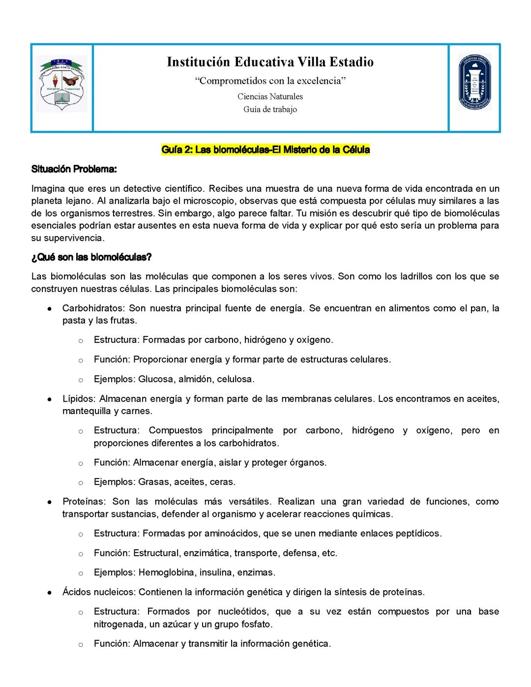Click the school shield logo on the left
tap(62, 84)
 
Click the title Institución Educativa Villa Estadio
tap(270, 62)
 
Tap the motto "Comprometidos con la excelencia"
tap(270, 81)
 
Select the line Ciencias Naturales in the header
tap(270, 96)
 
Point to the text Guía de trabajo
tap(270, 109)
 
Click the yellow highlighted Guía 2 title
tap(265, 149)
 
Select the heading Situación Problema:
tap(74, 169)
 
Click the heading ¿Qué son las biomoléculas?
tap(91, 257)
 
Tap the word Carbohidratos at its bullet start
tap(94, 308)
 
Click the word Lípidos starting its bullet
tap(79, 399)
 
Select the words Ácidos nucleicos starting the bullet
tap(99, 592)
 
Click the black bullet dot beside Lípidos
tap(50, 400)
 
